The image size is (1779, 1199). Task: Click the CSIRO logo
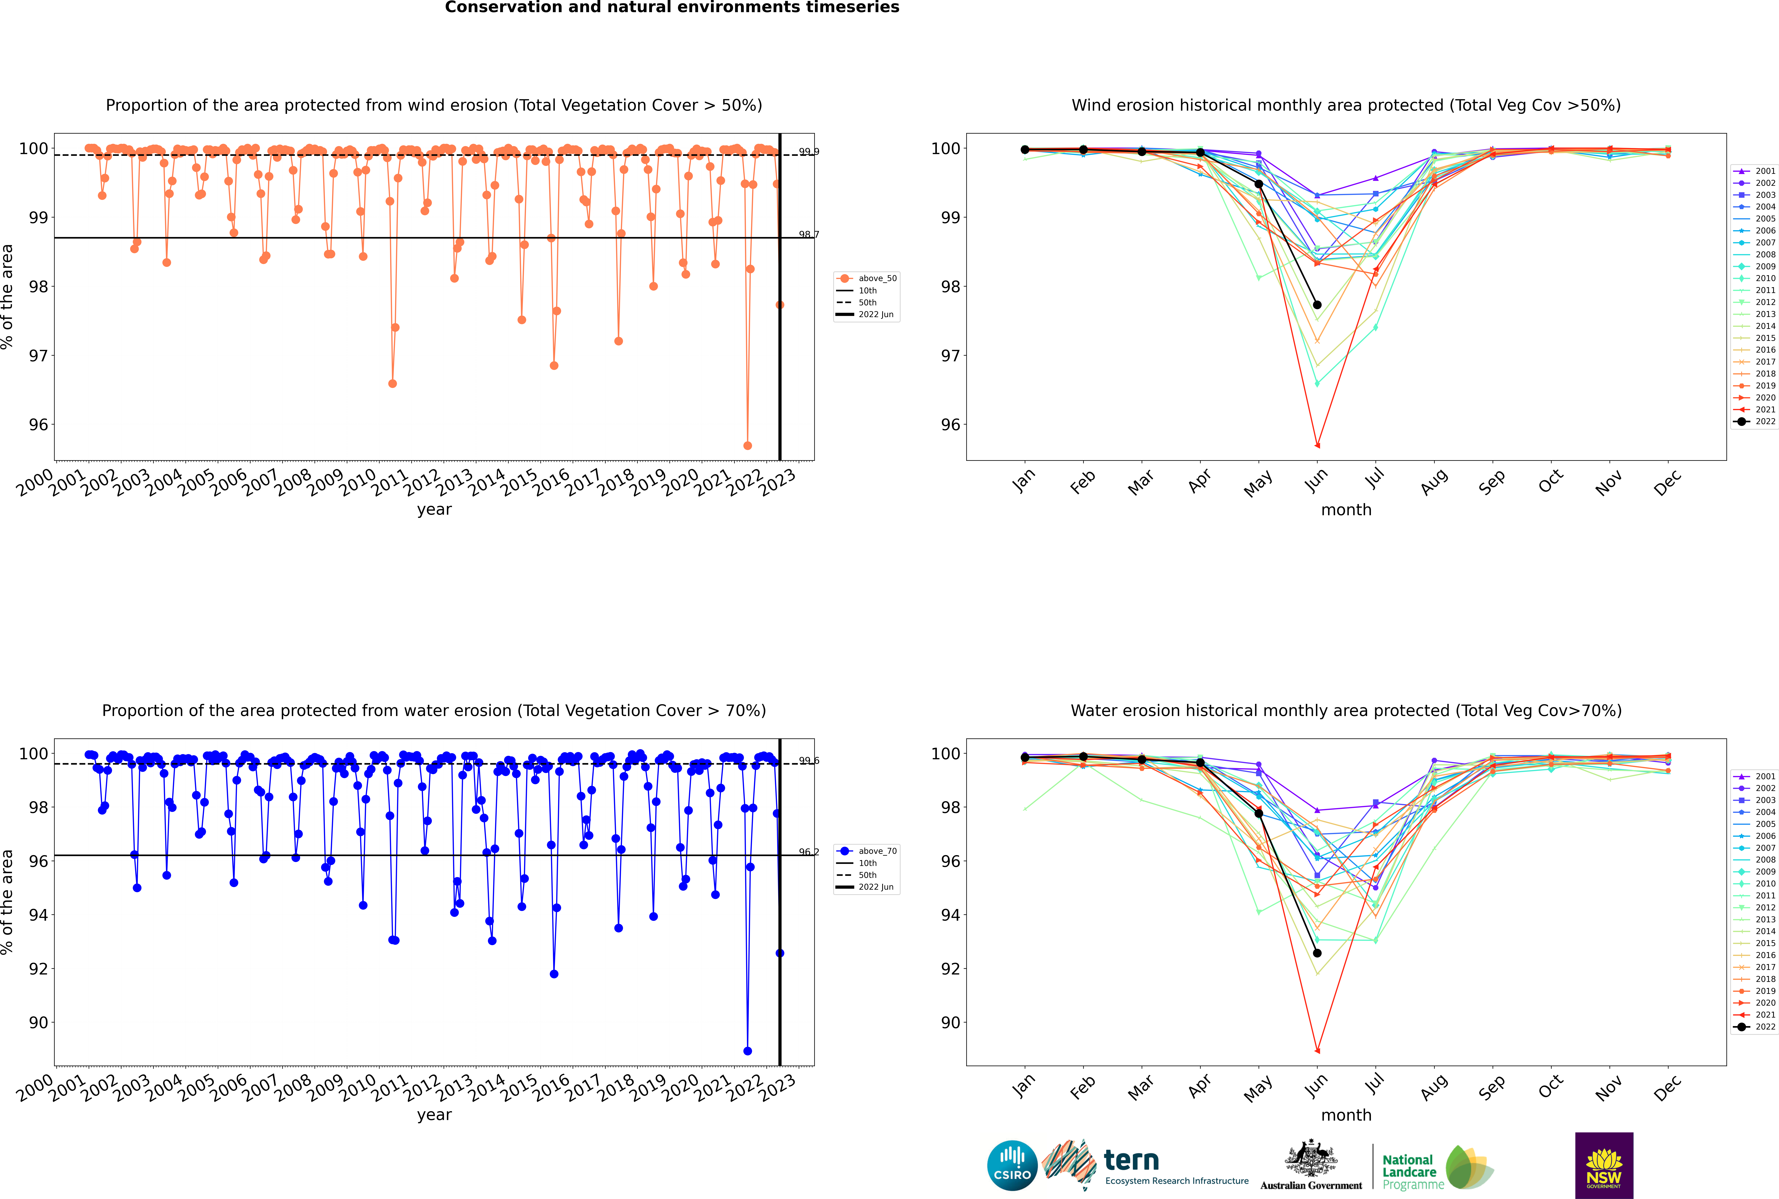[x=1012, y=1166]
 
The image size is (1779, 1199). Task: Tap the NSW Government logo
[x=1604, y=1165]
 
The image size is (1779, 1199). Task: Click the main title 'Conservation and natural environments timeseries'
[x=672, y=8]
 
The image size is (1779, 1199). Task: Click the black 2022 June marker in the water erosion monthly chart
[x=1317, y=953]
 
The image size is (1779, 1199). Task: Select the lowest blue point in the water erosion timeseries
[x=747, y=1051]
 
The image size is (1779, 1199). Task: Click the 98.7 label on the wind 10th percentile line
[x=808, y=235]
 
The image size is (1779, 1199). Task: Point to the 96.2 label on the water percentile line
[x=808, y=852]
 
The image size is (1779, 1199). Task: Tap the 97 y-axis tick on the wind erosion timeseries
[x=38, y=356]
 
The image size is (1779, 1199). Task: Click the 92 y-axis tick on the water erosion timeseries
[x=38, y=969]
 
